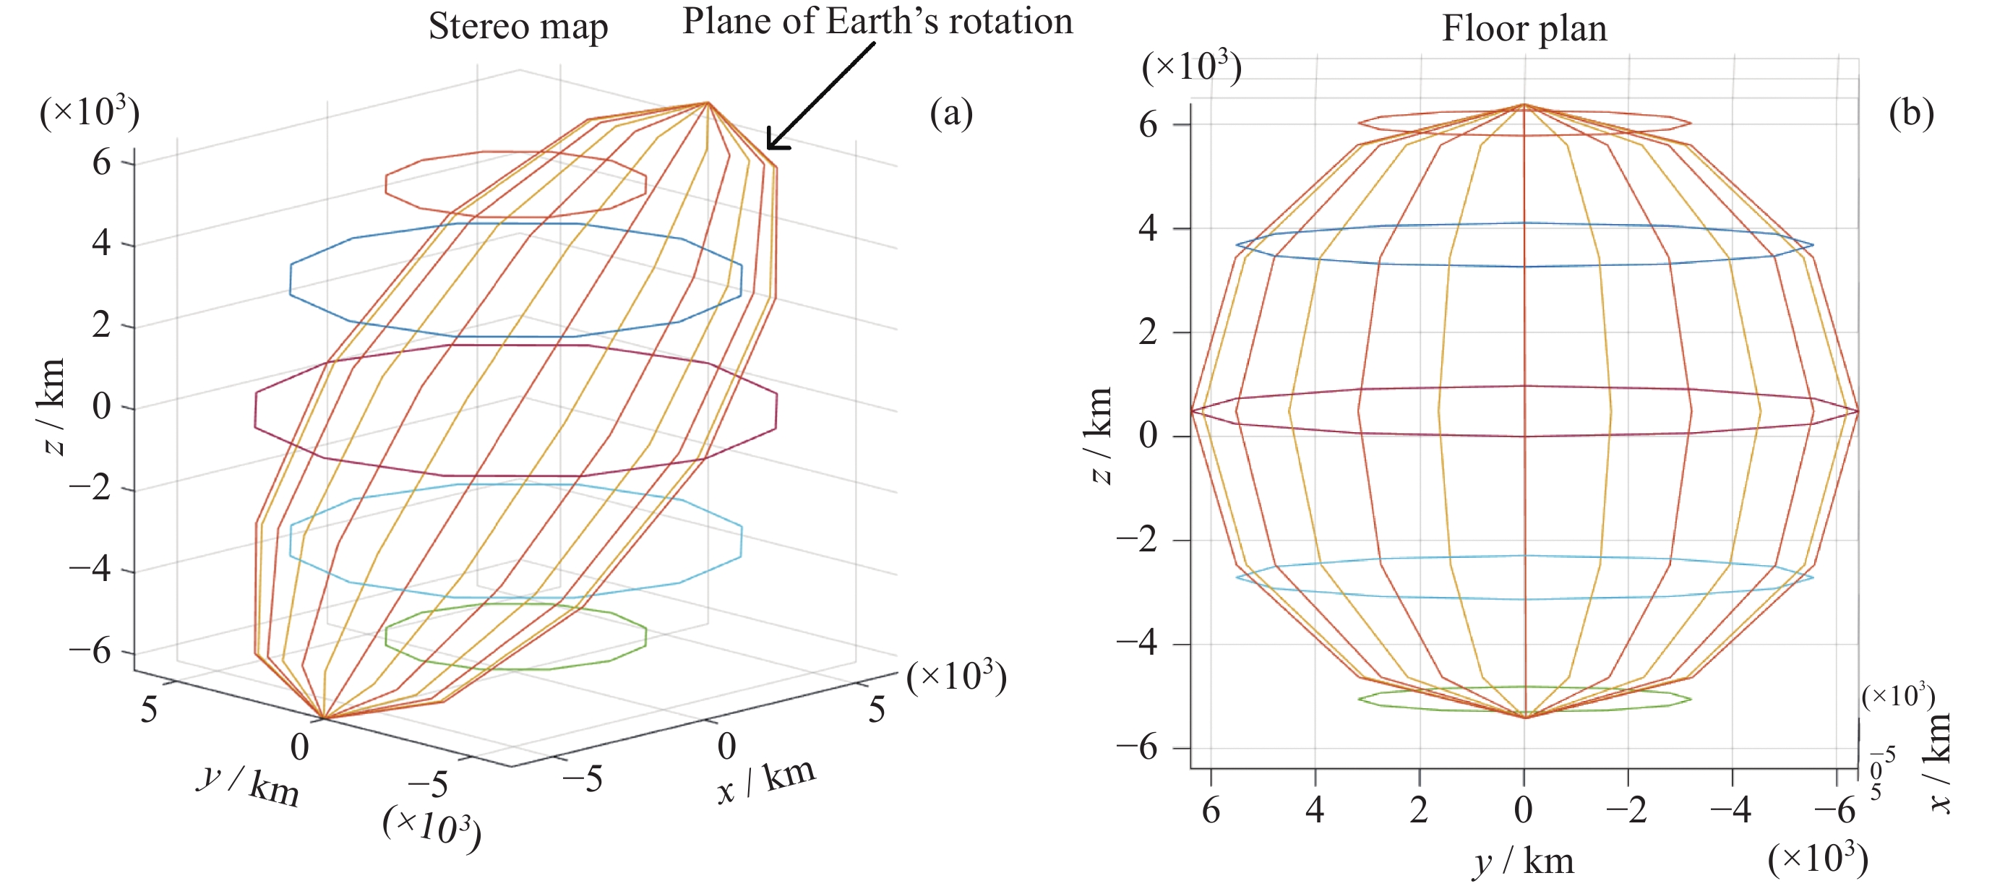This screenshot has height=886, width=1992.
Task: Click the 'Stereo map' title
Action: [518, 26]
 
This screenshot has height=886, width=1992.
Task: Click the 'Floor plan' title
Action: [1524, 29]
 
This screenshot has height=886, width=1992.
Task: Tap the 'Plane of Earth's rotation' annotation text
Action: [877, 21]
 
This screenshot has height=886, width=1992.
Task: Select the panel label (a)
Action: [951, 113]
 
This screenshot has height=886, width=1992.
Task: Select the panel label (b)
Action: [1911, 113]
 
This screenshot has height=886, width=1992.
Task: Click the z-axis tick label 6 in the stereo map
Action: [101, 163]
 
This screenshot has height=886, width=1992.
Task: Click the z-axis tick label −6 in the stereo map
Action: [90, 652]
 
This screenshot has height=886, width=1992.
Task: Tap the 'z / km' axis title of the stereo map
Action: [53, 407]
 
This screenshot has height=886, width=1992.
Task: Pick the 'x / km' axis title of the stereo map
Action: [765, 781]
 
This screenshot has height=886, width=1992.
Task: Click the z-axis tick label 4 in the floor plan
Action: [1149, 229]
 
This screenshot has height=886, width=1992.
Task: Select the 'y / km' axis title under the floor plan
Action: [1524, 861]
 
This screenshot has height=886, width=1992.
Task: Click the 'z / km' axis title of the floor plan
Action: [1099, 435]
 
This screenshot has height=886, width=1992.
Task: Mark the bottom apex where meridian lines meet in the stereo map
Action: [324, 718]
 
